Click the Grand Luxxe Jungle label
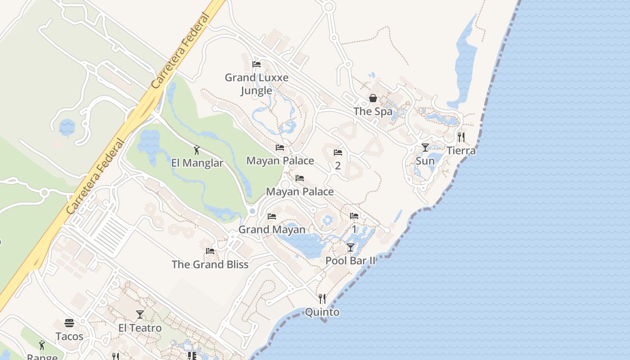click(256, 84)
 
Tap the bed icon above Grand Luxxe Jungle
click(256, 64)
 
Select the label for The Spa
click(373, 111)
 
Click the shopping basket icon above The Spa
click(373, 98)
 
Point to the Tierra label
click(461, 151)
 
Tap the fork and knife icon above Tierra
click(461, 137)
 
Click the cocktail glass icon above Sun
click(425, 147)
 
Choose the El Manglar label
click(197, 163)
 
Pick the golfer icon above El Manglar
click(197, 150)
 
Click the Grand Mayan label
click(272, 229)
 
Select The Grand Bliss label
click(210, 264)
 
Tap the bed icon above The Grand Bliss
click(210, 251)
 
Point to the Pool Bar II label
click(351, 261)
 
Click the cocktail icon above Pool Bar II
click(351, 247)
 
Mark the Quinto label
click(322, 312)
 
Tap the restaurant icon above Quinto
click(322, 298)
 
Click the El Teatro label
click(140, 328)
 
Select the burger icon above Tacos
click(69, 323)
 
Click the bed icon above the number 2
click(338, 153)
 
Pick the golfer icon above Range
click(42, 345)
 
